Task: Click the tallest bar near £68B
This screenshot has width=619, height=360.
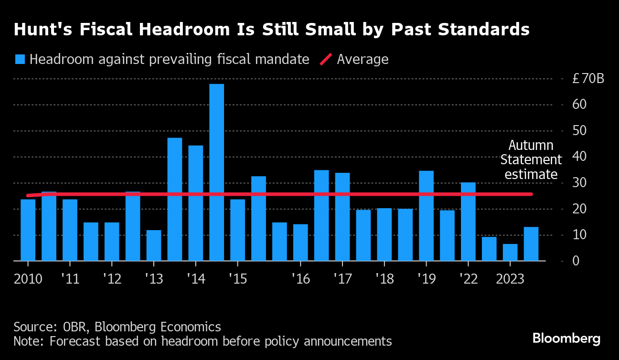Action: point(216,172)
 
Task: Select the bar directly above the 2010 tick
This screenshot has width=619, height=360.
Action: point(28,230)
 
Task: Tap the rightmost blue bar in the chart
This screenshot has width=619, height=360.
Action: point(531,244)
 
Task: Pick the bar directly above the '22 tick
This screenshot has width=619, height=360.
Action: point(468,222)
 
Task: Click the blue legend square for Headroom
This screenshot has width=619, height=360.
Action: point(20,60)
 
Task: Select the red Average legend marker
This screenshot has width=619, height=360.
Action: point(326,60)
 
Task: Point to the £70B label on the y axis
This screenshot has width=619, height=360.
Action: point(588,79)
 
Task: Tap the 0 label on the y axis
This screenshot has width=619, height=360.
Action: point(576,261)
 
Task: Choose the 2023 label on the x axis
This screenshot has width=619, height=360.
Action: point(510,279)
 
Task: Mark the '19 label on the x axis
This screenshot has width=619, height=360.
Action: point(426,279)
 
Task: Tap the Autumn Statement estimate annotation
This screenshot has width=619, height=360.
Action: point(531,160)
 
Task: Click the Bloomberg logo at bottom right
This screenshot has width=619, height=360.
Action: point(566,339)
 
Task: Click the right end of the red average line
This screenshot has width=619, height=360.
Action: point(532,194)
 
